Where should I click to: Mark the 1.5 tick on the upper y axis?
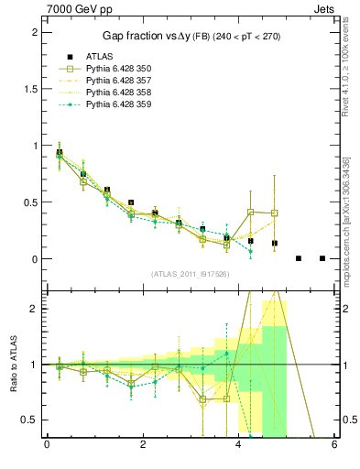click(33, 89)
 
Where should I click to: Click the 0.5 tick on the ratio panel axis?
click(33, 420)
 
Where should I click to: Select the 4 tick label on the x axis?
click(239, 446)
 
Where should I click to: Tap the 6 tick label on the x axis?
click(335, 446)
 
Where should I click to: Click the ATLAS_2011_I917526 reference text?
click(190, 274)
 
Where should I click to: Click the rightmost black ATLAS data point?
click(322, 258)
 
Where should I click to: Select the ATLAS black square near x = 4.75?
click(275, 244)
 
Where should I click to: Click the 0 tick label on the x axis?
click(47, 446)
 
